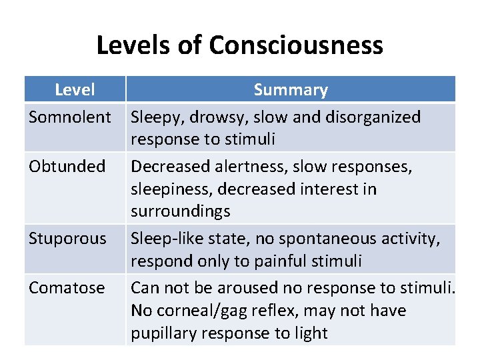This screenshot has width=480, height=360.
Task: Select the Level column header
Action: pyautogui.click(x=75, y=89)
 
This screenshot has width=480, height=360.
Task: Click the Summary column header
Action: pyautogui.click(x=291, y=89)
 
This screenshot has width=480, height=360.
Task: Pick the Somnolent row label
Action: pyautogui.click(x=70, y=117)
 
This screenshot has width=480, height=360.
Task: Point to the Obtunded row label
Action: pyautogui.click(x=67, y=166)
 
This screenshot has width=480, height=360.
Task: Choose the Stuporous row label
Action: pyautogui.click(x=67, y=239)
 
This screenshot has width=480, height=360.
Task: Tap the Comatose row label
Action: pyautogui.click(x=67, y=288)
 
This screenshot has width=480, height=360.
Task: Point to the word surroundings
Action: pyautogui.click(x=180, y=211)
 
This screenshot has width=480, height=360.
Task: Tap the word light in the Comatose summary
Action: pyautogui.click(x=310, y=333)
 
